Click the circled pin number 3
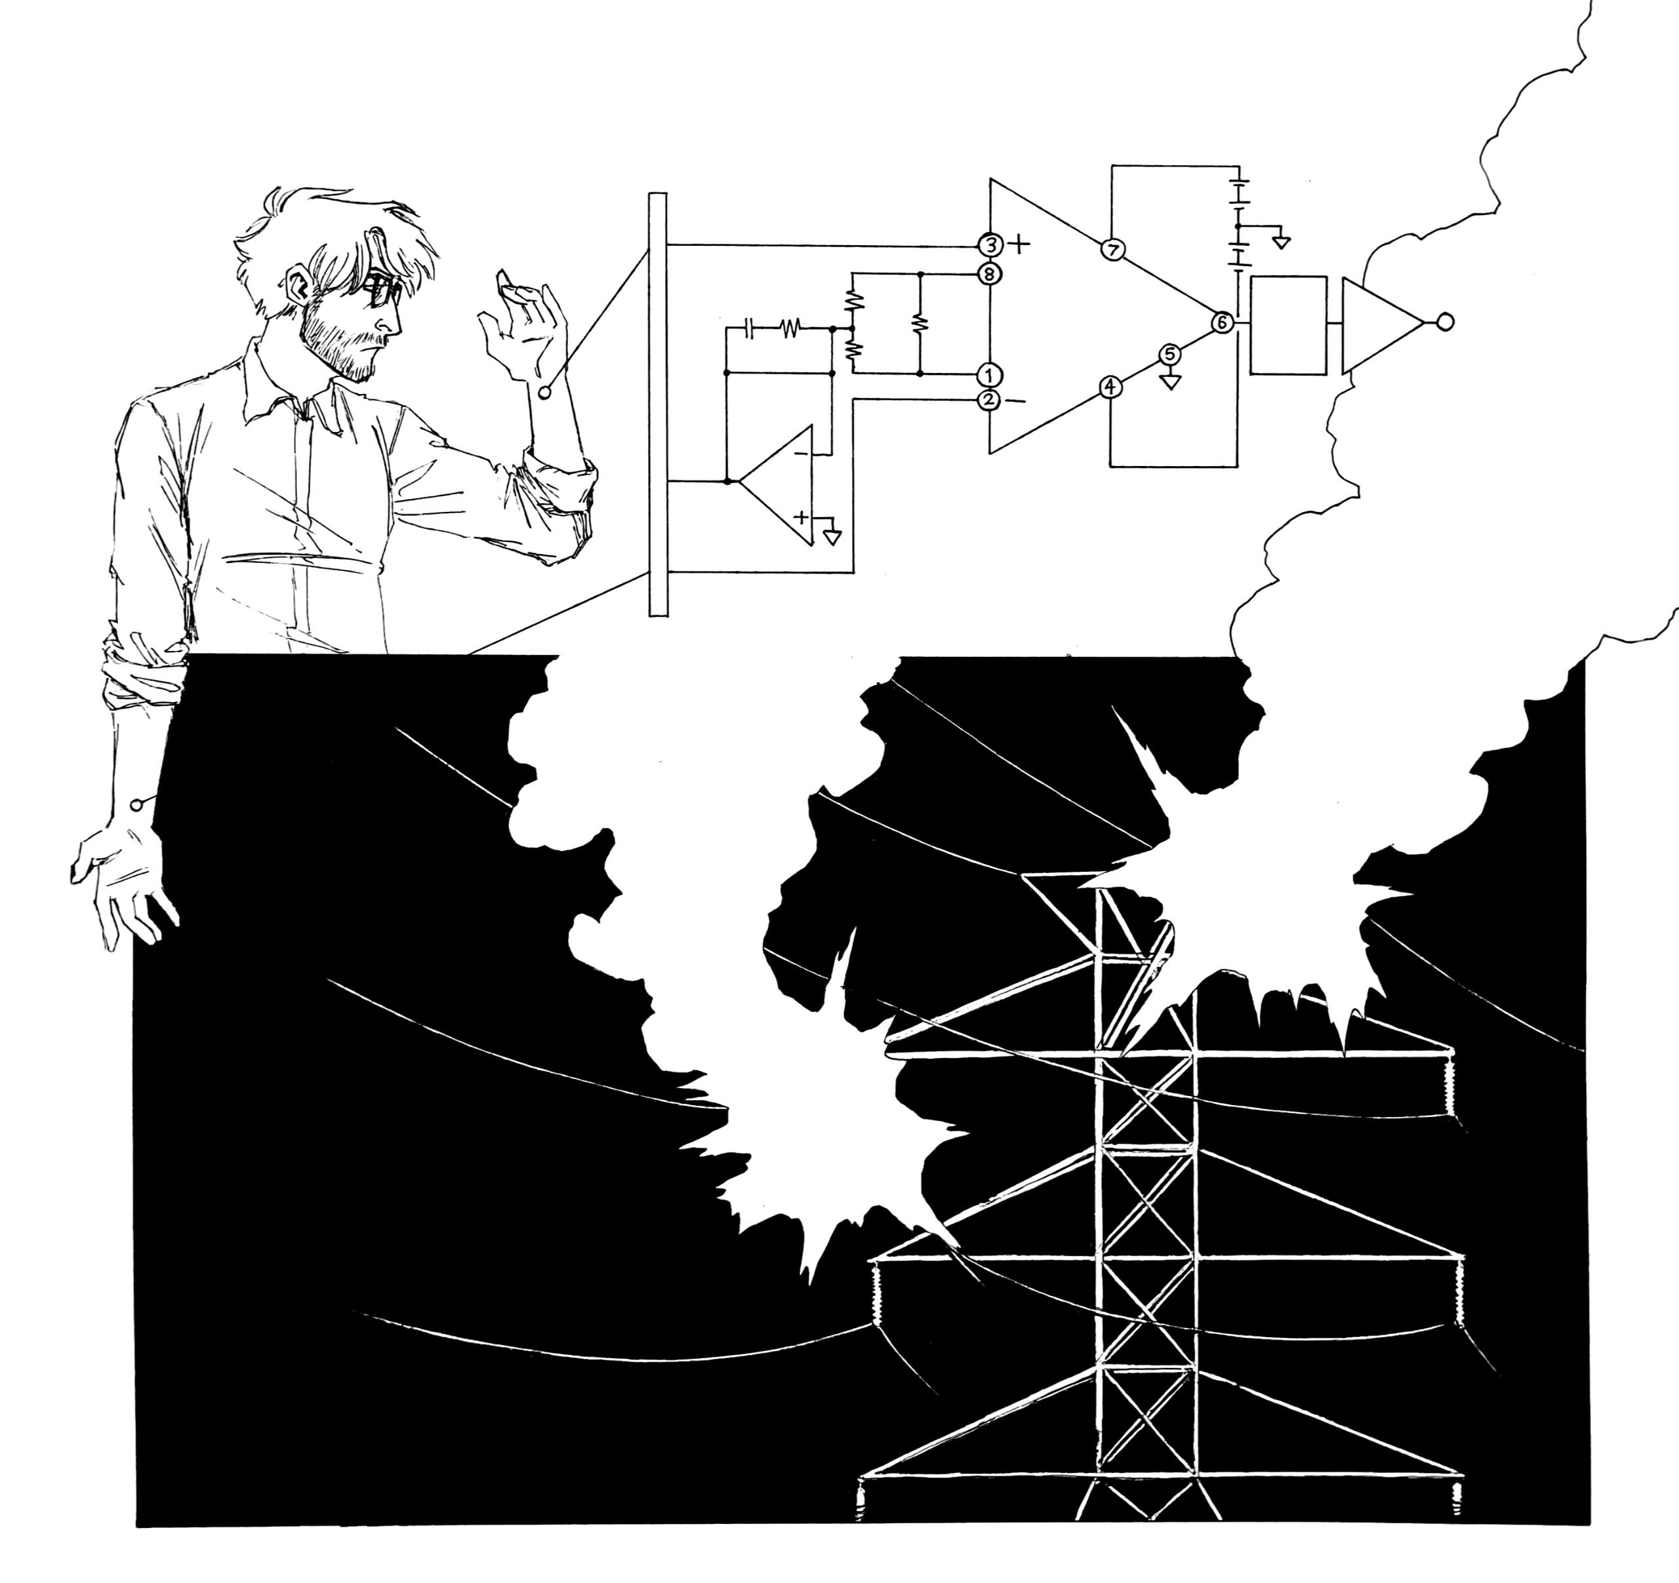pos(990,246)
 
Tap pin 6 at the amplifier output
pos(1222,322)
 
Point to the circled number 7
pos(1112,250)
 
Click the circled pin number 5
pos(1171,355)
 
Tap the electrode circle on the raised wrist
pos(544,392)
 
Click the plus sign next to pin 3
pos(1021,245)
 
